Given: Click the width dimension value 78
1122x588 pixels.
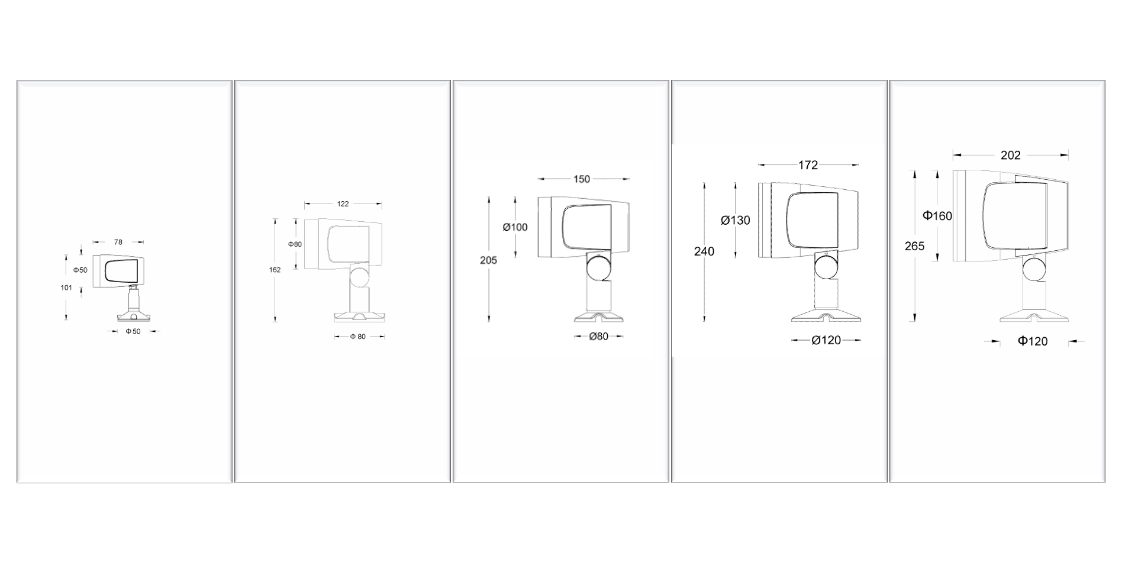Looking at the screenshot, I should click(118, 242).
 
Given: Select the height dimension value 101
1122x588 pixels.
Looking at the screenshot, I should click(66, 288).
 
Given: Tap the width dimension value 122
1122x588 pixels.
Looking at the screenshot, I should click(343, 204).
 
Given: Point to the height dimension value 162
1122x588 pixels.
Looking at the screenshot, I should click(275, 270).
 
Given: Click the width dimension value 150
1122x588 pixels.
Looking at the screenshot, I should click(582, 179).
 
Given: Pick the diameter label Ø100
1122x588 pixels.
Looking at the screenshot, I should click(515, 227).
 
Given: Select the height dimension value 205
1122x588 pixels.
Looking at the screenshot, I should click(488, 260).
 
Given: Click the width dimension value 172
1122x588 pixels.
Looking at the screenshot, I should click(808, 166).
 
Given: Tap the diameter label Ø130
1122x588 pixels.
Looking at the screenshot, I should click(735, 221).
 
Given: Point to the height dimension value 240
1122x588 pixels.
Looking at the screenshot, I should click(704, 251).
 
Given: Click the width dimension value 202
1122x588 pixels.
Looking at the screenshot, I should click(1011, 156).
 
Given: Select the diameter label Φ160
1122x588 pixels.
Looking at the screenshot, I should click(937, 216).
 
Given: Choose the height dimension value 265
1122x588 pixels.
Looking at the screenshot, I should click(914, 246).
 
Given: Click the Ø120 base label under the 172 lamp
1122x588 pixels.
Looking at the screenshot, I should click(826, 340).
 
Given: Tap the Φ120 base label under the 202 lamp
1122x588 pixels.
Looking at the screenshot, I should click(1033, 341).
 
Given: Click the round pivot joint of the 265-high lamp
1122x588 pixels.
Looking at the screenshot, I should click(1034, 270).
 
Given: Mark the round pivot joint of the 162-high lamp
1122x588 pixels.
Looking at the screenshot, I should click(360, 276).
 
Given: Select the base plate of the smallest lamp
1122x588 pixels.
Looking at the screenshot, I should click(134, 316).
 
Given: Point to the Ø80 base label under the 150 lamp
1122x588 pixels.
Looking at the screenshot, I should click(598, 337).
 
